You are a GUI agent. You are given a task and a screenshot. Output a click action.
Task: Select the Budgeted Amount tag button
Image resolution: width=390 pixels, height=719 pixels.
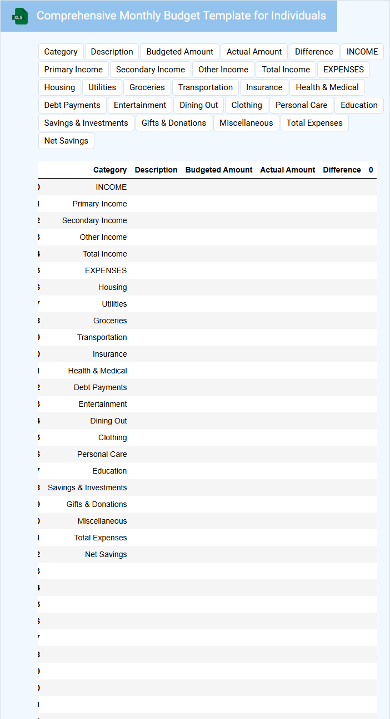click(179, 52)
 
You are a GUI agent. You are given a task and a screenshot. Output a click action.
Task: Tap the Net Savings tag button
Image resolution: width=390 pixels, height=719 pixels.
click(66, 141)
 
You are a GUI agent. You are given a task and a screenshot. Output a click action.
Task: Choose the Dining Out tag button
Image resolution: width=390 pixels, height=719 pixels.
click(198, 105)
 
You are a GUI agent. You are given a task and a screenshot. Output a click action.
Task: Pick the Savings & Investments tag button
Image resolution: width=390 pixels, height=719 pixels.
click(86, 123)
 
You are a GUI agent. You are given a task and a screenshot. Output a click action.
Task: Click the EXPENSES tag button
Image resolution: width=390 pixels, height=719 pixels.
click(343, 70)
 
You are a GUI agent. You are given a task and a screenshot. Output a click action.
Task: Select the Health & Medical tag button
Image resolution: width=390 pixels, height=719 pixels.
click(327, 87)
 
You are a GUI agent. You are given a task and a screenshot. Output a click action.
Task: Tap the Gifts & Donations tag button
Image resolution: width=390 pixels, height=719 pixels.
click(173, 123)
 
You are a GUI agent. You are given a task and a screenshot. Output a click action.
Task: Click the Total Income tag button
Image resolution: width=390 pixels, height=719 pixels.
click(286, 70)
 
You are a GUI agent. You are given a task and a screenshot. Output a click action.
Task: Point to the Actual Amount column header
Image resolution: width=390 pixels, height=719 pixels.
click(287, 170)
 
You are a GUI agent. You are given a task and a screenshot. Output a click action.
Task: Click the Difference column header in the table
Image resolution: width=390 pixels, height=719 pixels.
click(342, 170)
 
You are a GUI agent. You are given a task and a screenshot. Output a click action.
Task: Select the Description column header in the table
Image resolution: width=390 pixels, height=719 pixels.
click(156, 170)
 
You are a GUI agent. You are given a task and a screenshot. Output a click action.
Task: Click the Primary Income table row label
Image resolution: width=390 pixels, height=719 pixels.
click(99, 204)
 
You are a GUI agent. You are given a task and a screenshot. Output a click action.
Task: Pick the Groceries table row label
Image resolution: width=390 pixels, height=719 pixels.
click(110, 321)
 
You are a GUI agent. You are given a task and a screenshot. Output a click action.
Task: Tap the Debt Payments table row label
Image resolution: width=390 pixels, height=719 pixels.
click(100, 387)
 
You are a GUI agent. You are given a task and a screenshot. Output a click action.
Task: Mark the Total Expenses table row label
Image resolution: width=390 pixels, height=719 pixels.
click(101, 538)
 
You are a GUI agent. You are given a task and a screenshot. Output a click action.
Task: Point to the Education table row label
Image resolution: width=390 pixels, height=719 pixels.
click(109, 471)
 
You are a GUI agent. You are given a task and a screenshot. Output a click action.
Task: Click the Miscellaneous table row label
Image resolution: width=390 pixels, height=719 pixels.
click(102, 521)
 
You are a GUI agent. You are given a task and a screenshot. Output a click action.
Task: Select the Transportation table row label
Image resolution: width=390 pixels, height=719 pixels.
click(102, 337)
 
